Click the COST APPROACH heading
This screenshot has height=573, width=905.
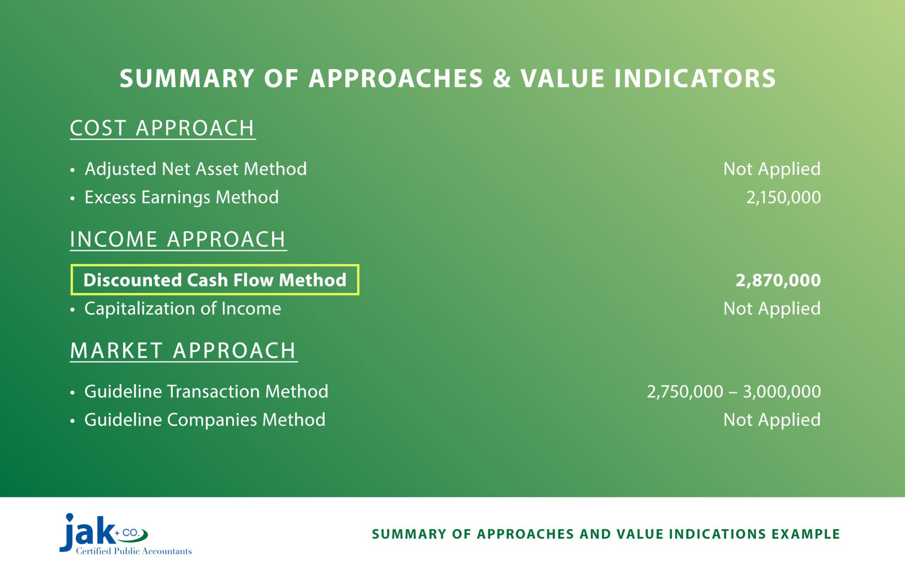click(162, 128)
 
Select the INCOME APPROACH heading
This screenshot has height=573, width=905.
click(178, 240)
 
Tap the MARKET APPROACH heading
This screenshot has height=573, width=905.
click(183, 351)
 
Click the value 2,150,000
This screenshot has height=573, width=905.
click(783, 197)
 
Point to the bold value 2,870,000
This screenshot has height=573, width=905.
click(778, 280)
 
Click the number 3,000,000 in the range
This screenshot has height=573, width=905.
click(781, 392)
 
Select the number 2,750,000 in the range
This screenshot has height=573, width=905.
click(685, 392)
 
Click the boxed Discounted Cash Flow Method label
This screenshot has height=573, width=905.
click(215, 280)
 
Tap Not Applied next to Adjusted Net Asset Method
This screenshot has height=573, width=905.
click(772, 169)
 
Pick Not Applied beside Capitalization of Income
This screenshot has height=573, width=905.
click(772, 309)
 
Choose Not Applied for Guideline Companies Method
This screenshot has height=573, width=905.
click(772, 420)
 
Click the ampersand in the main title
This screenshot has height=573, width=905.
click(501, 79)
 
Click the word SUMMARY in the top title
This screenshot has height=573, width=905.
click(186, 79)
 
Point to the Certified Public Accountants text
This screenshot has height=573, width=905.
click(133, 551)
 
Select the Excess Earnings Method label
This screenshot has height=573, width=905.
click(181, 197)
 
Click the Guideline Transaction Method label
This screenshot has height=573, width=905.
click(206, 392)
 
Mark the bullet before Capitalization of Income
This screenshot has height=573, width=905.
click(72, 309)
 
